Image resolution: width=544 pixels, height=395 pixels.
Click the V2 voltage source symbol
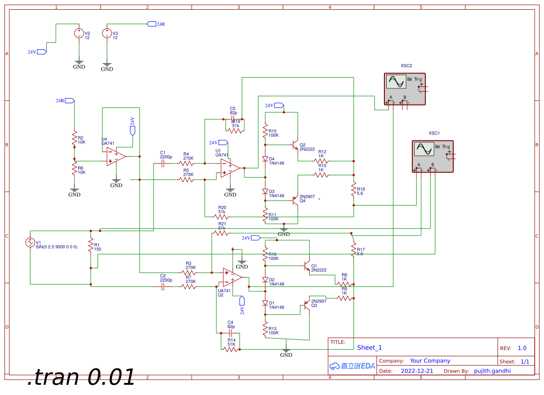click(x=79, y=33)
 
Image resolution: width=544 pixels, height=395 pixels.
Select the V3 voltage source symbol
click(x=107, y=33)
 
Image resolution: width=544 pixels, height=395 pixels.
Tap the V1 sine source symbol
click(x=30, y=243)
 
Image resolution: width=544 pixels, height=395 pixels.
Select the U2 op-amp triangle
click(x=232, y=277)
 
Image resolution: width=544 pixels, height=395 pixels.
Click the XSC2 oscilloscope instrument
click(x=405, y=88)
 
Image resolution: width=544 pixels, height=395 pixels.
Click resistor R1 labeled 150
click(x=91, y=247)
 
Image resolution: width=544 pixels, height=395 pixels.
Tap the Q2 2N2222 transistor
click(x=295, y=145)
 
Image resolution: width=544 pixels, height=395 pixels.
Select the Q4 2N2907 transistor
click(x=295, y=200)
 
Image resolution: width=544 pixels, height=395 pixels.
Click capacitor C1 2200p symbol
click(x=162, y=164)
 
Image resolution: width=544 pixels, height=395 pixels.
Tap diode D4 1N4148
click(x=265, y=159)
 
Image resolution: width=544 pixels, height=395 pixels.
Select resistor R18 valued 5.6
click(x=353, y=190)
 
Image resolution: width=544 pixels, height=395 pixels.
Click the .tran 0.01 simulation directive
click(x=81, y=377)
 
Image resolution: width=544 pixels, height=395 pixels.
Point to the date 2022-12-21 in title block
click(x=417, y=371)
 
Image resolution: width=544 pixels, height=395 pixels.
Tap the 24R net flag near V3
click(x=151, y=24)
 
